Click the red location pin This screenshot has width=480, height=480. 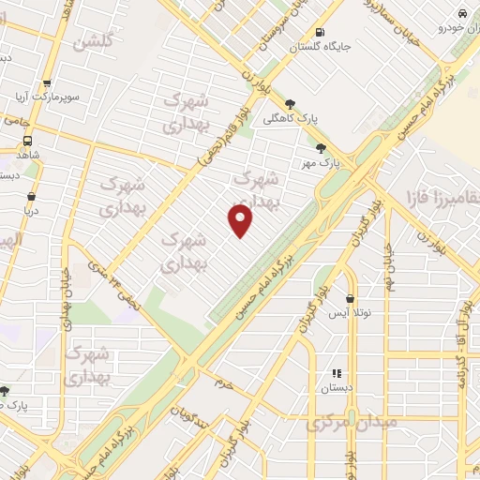(241, 220)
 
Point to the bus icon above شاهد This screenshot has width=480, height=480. (28, 142)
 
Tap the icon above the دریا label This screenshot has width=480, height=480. (33, 197)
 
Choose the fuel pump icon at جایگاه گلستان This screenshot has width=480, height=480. (322, 30)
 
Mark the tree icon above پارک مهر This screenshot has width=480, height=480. (322, 147)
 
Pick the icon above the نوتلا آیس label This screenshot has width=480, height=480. (351, 297)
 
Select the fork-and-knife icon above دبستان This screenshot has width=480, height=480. (337, 373)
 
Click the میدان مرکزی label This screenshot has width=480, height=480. (351, 423)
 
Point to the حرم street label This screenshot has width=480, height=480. (222, 382)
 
